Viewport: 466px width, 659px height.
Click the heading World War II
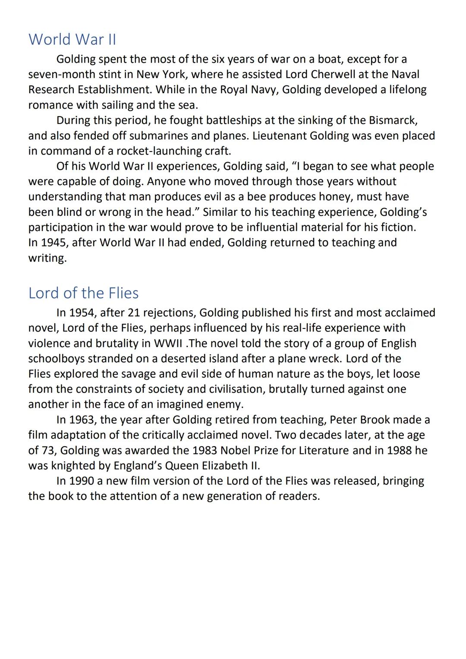coord(72,39)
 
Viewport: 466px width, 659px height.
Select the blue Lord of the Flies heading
coord(83,293)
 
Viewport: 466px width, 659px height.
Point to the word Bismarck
coord(393,120)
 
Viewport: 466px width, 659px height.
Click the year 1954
coord(81,312)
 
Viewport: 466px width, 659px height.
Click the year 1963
coord(81,419)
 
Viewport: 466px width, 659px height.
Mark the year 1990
coord(81,481)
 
